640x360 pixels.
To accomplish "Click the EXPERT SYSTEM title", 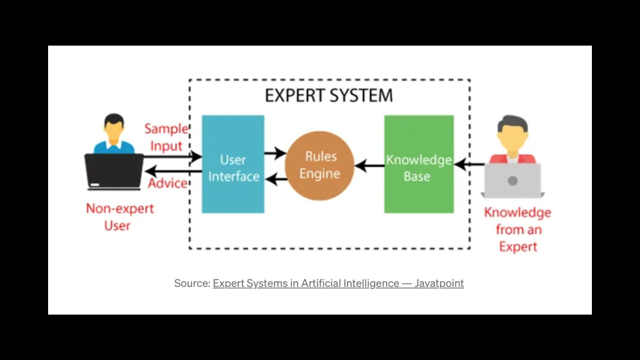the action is [329, 96].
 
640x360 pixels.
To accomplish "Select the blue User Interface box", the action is [233, 164].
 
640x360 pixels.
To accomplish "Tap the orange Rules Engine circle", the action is [319, 165].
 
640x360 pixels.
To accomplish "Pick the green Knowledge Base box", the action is [419, 164].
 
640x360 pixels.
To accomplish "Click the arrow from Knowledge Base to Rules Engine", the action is [369, 166].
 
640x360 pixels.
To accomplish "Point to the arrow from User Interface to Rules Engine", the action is [275, 153].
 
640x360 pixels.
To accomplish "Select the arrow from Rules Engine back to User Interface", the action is [276, 179].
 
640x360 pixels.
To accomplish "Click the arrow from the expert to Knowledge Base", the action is [469, 164].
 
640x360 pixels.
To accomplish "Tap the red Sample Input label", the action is [166, 137].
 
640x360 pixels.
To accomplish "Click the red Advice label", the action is [167, 183].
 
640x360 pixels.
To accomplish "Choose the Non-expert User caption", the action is [119, 217].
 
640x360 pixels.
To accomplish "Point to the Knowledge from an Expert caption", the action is [517, 229].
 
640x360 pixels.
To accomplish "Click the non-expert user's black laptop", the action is [114, 172].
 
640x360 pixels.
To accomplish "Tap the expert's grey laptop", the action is [512, 181].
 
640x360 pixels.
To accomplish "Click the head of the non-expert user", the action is [114, 126].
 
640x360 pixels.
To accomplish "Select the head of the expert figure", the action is [512, 132].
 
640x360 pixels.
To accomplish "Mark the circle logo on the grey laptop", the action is [512, 181].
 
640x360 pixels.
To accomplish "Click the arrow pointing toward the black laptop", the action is [173, 171].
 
